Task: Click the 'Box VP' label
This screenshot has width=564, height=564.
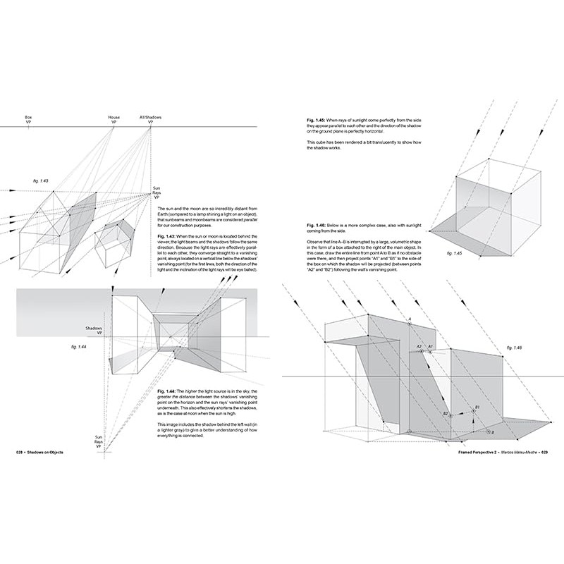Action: (28, 119)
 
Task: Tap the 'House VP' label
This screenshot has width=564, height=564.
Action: (114, 119)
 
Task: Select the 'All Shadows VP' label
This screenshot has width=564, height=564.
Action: (151, 119)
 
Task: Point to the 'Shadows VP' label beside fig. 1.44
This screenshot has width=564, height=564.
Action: (94, 331)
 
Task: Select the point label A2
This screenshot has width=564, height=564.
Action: (418, 346)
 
